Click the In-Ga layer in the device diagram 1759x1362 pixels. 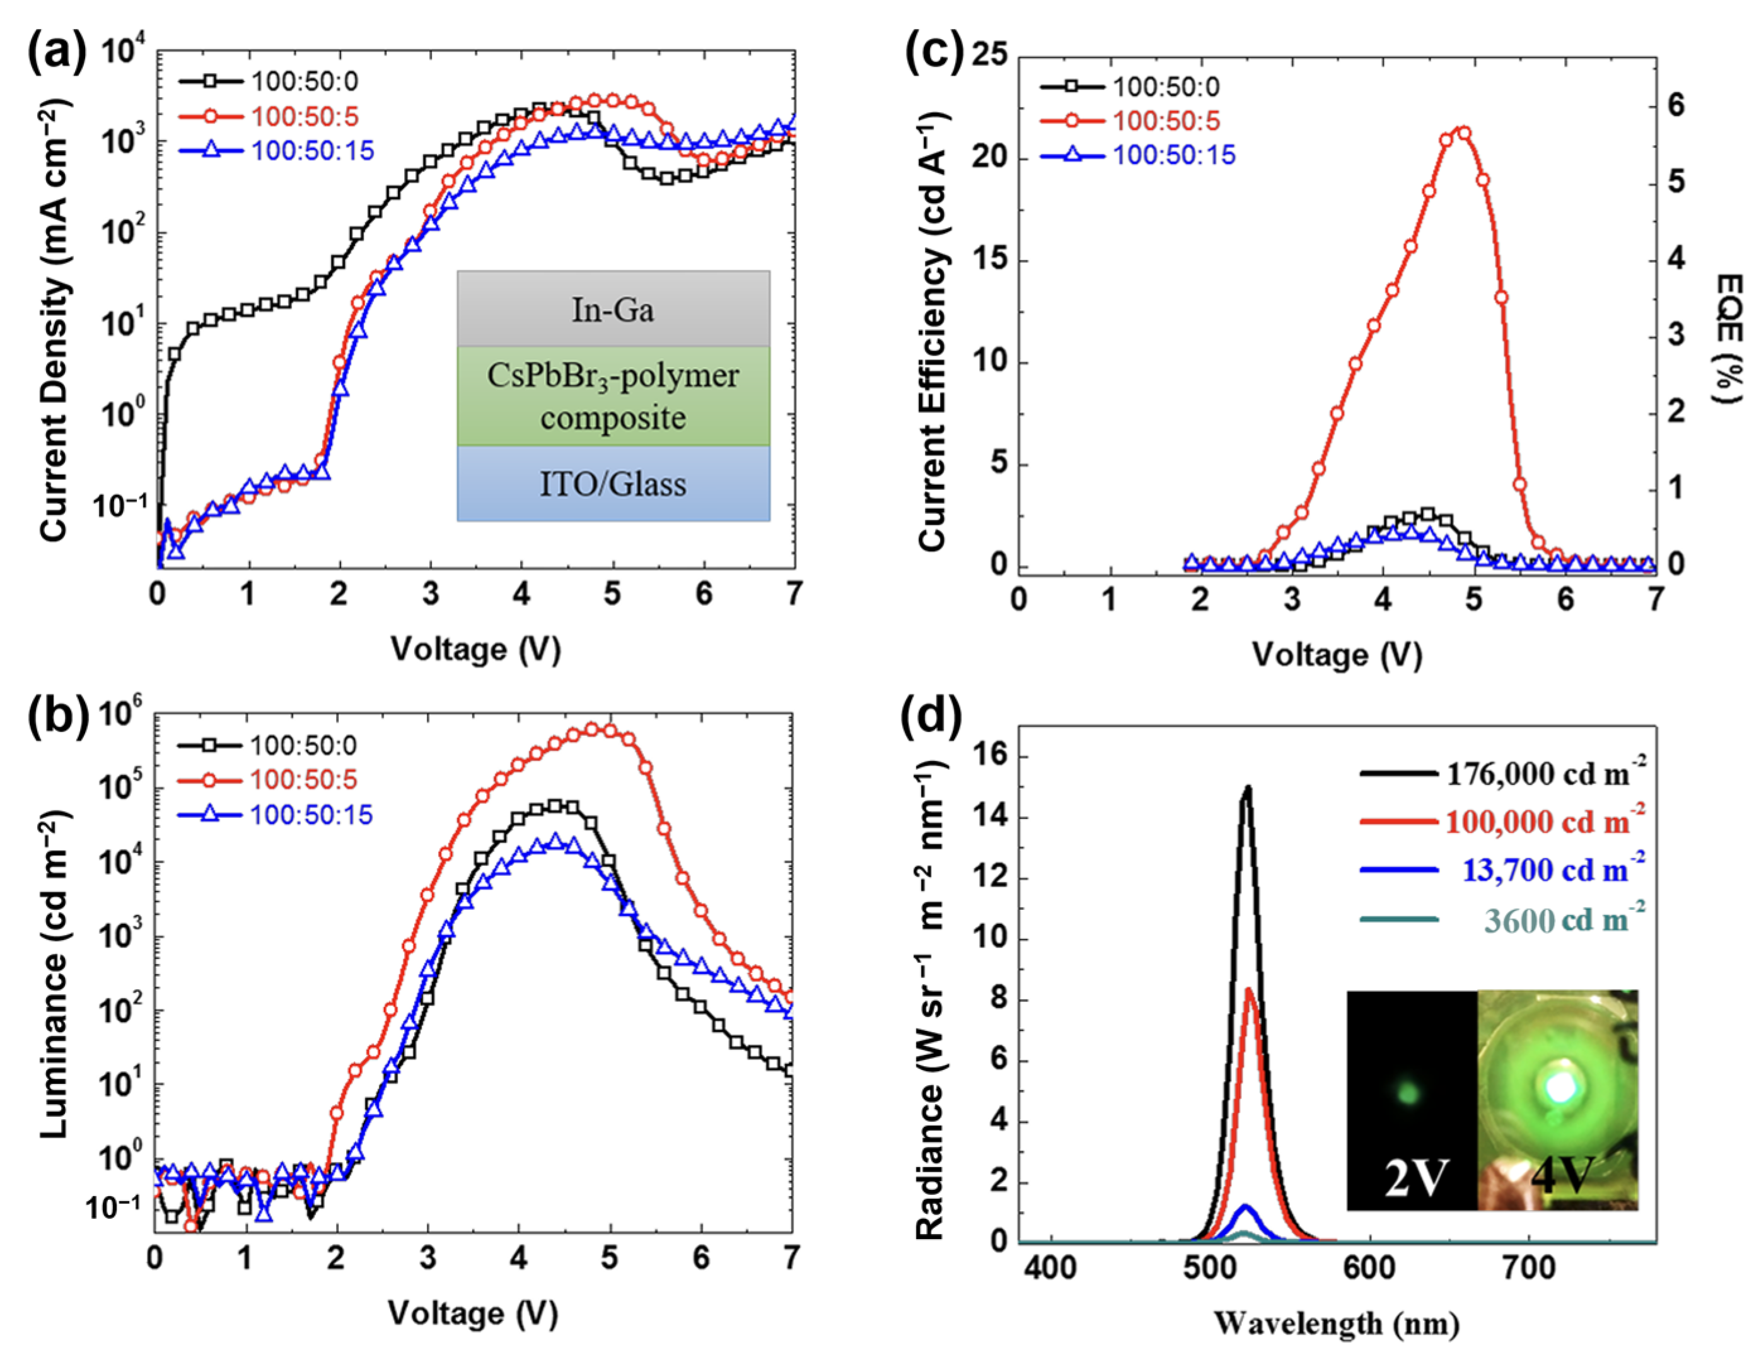(x=613, y=310)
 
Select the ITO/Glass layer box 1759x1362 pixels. (x=613, y=484)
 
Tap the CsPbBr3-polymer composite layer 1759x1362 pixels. (x=613, y=396)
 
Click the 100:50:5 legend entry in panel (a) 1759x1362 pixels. (x=305, y=117)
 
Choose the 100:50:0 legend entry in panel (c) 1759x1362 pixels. (x=1166, y=87)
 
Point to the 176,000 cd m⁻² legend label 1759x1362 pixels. (x=1544, y=774)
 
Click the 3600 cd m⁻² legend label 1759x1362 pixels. (x=1562, y=920)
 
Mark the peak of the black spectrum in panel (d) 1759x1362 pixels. (x=1248, y=787)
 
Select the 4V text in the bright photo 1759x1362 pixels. (x=1562, y=1175)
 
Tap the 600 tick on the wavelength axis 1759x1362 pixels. (x=1369, y=1269)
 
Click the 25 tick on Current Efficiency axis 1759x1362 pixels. (x=990, y=55)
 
